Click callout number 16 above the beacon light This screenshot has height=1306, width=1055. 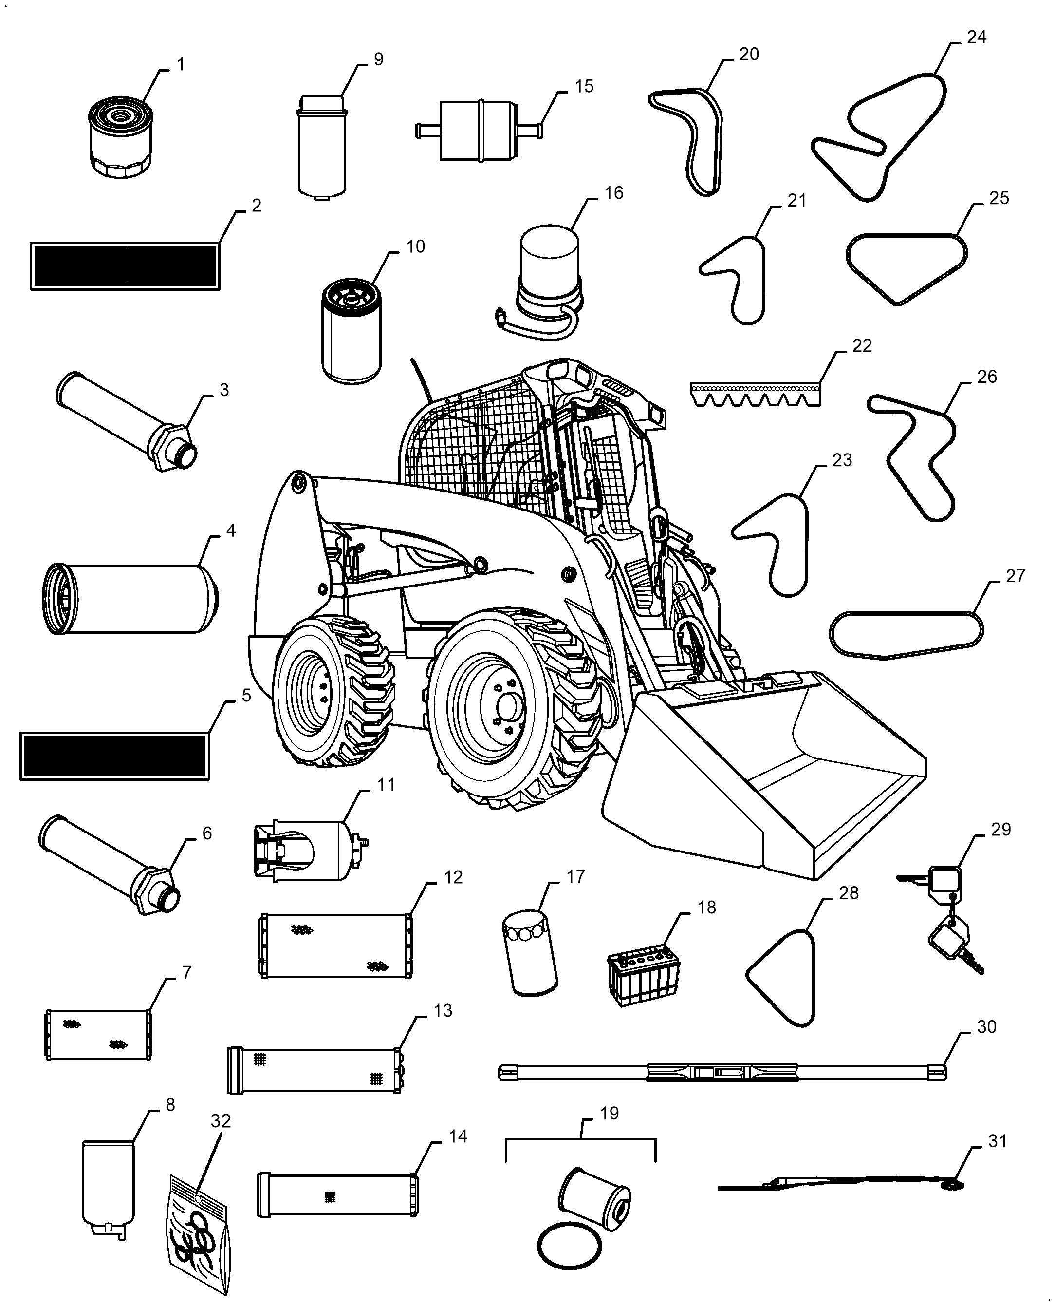click(x=614, y=193)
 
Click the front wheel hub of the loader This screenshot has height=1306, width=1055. click(x=509, y=706)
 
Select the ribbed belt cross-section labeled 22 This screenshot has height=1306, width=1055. click(x=756, y=395)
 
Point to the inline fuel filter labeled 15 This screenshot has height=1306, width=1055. click(x=479, y=131)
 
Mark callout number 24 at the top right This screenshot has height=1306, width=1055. click(x=976, y=37)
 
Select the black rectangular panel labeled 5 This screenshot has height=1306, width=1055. click(x=115, y=756)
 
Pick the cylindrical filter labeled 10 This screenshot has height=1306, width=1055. click(x=351, y=331)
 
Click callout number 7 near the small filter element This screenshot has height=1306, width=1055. click(x=186, y=973)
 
